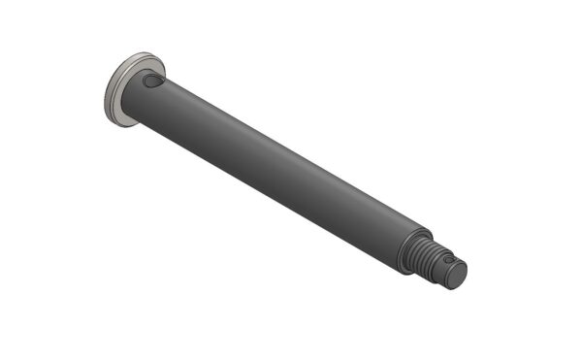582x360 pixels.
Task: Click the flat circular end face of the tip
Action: [x=456, y=275]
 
